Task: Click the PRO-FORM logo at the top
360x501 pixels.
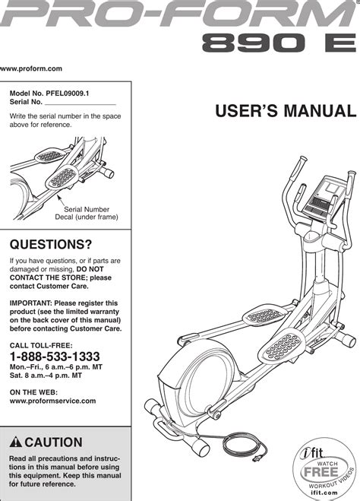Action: tap(178, 14)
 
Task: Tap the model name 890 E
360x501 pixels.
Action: tap(279, 43)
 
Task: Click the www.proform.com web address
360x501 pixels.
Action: tap(31, 68)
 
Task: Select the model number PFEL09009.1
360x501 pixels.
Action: tap(68, 94)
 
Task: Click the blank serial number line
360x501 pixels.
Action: tap(81, 104)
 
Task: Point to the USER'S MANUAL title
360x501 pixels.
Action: tap(286, 111)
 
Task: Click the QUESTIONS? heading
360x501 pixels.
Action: tap(51, 245)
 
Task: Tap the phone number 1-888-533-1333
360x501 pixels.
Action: tap(55, 357)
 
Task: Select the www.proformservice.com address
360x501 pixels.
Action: tap(52, 401)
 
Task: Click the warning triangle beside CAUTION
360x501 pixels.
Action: tap(16, 442)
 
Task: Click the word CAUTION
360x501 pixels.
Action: tap(54, 442)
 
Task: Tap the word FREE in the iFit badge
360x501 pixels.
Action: tap(321, 472)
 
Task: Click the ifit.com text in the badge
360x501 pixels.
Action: tap(324, 493)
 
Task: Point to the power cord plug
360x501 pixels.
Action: tap(257, 459)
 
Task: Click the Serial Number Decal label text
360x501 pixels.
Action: tap(87, 213)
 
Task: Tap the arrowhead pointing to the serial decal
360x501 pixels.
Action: tap(58, 196)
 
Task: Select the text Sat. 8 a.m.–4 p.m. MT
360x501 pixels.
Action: tap(46, 376)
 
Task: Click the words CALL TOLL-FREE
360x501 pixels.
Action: tap(41, 345)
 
